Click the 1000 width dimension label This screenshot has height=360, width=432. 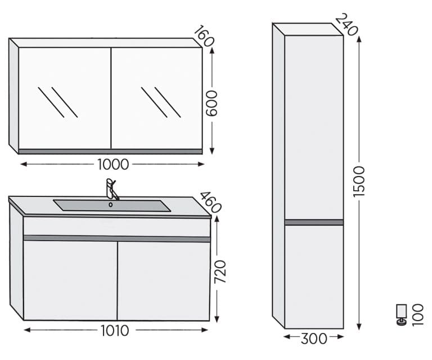tap(113, 164)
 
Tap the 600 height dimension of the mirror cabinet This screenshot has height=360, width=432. tap(212, 103)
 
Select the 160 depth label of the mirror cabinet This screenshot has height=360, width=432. tap(204, 36)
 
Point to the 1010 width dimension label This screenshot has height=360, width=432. tap(115, 331)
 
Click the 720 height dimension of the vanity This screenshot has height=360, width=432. tap(220, 271)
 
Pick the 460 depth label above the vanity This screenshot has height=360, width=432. tap(210, 202)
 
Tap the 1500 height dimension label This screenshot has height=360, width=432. tap(359, 182)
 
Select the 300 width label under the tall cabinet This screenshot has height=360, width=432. tap(314, 339)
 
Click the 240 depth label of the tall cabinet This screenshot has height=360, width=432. tap(346, 25)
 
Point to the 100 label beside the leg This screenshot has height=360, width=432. tap(417, 314)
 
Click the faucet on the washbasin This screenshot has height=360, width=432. tap(111, 189)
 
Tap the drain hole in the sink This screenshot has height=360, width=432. tap(110, 205)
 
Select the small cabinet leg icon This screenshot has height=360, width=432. tap(402, 315)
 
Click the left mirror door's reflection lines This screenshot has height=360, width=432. tap(58, 102)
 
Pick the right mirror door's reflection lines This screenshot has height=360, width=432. tap(161, 102)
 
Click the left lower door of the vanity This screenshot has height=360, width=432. tap(70, 280)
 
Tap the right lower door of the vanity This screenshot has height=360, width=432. tap(164, 281)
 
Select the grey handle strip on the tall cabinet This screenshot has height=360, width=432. tap(314, 222)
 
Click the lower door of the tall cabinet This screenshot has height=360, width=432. tap(314, 277)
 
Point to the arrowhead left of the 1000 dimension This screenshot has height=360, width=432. tap(24, 164)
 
